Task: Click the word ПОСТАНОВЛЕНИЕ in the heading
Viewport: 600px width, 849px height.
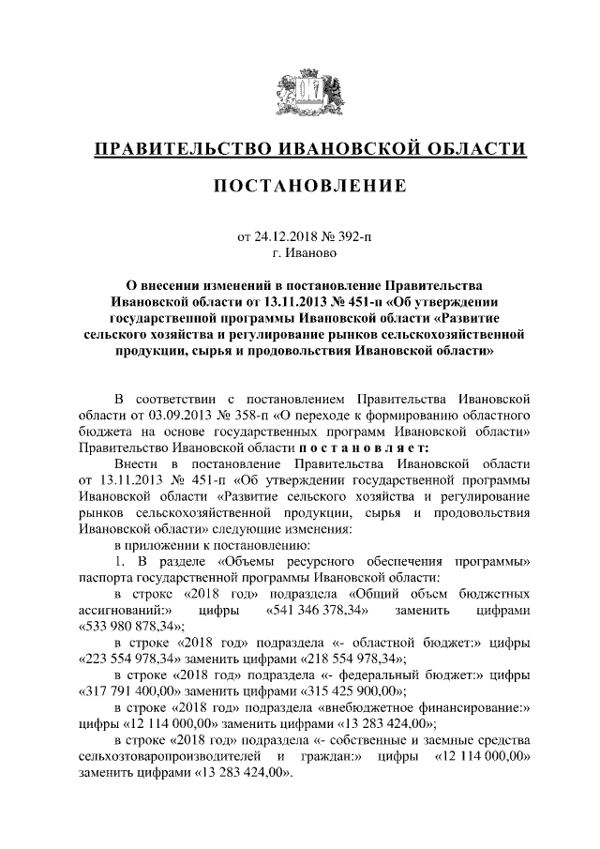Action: tap(299, 186)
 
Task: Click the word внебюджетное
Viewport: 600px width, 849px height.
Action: tap(367, 708)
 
